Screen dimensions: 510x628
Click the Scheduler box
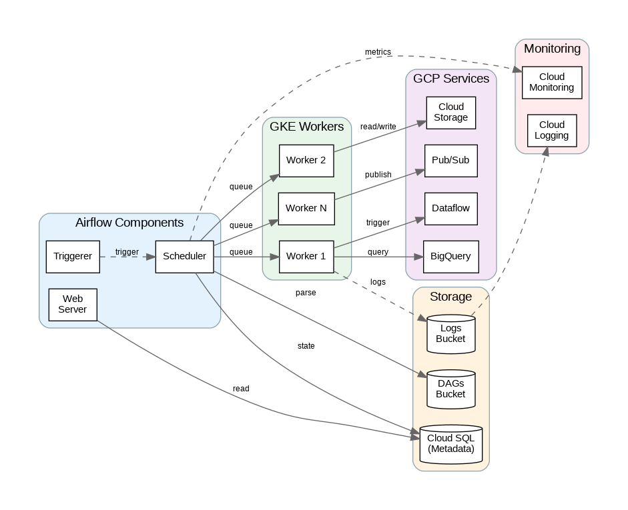point(184,257)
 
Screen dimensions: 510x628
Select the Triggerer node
point(73,257)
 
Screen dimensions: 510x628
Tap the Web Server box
point(73,305)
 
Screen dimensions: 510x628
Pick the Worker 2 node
point(306,160)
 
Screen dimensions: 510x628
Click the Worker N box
point(306,208)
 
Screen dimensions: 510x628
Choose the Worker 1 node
point(306,256)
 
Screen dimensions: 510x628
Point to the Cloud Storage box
point(451,112)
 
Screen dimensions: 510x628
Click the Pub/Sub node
point(451,160)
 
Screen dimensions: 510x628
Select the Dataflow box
point(451,208)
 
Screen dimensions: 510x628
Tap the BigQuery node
point(451,256)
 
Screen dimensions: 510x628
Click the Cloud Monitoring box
point(551,82)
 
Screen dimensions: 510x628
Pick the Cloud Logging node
point(551,130)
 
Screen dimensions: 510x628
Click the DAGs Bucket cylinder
point(450,389)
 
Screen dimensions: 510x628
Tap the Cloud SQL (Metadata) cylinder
point(450,443)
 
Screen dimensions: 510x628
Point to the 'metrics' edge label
point(378,52)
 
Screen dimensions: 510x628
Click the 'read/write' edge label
point(378,127)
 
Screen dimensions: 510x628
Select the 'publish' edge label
point(378,175)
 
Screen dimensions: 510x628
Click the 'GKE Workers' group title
point(306,127)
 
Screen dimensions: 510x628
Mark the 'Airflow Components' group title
point(129,223)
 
